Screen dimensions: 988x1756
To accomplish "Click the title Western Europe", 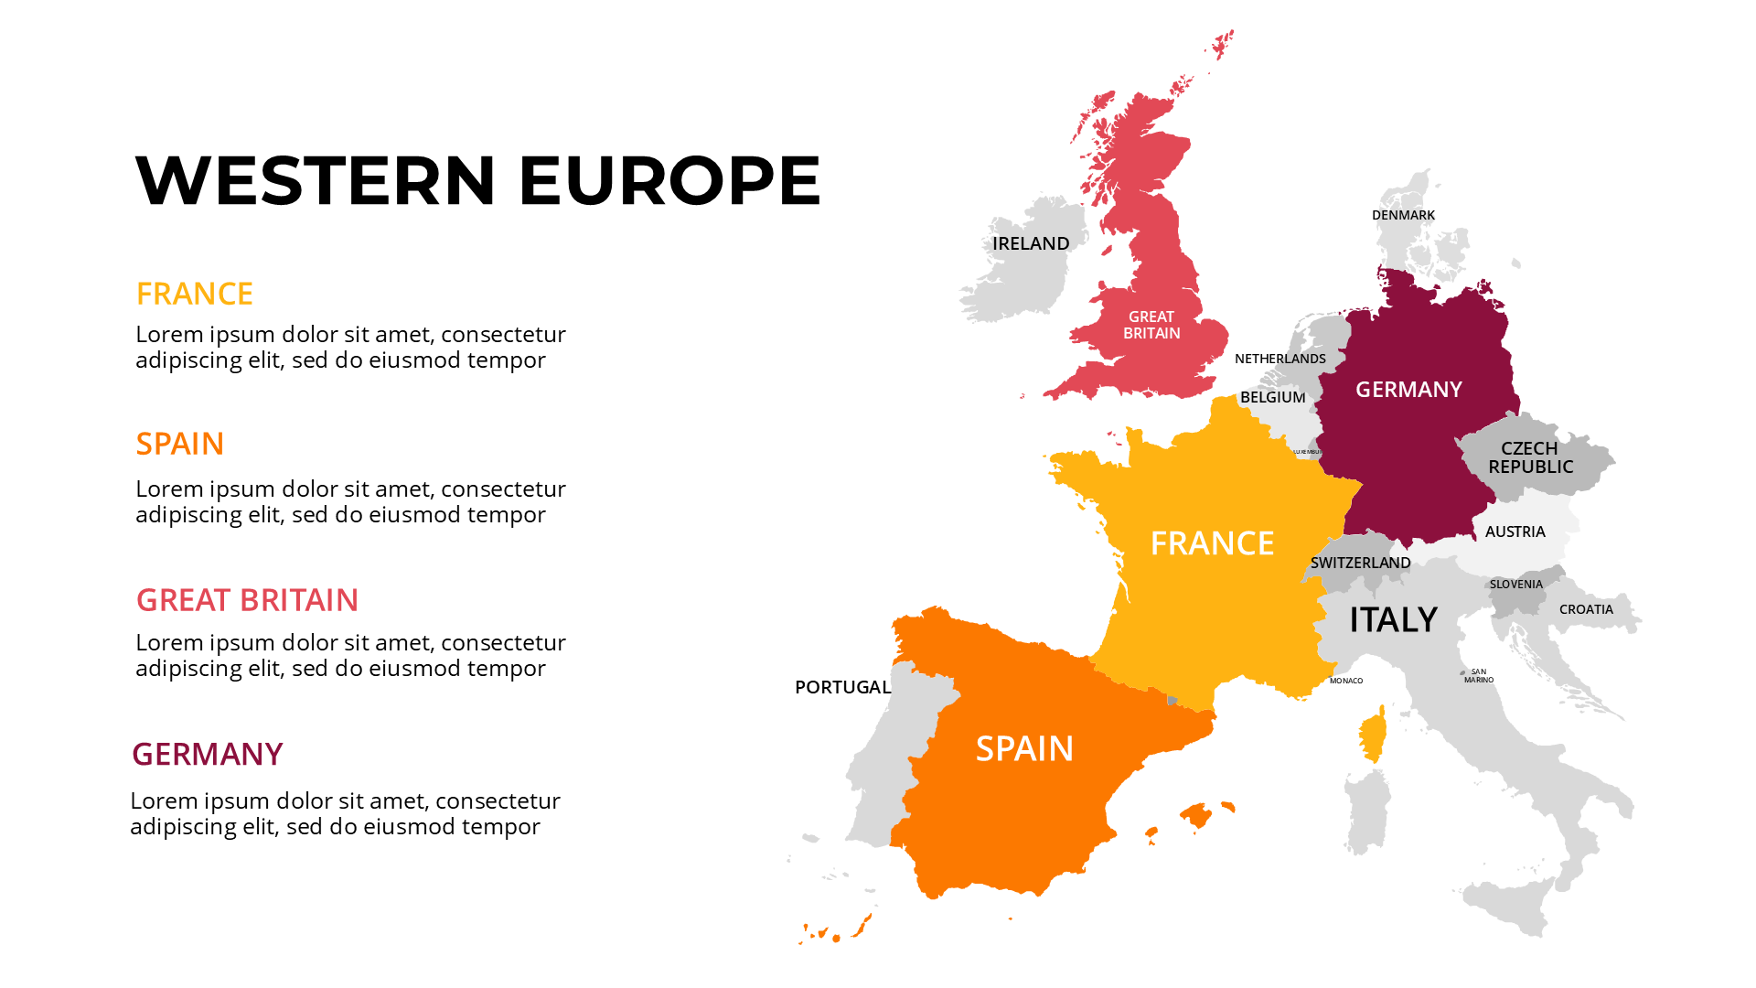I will (477, 179).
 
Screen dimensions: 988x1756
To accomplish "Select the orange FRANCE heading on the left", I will (194, 294).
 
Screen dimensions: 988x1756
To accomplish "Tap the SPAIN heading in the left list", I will (179, 444).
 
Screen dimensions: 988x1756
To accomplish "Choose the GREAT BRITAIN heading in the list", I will (247, 600).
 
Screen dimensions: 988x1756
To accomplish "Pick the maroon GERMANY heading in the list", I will (207, 755).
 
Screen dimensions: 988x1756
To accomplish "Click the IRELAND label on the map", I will (1031, 243).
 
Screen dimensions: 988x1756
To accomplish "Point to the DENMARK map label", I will (1403, 215).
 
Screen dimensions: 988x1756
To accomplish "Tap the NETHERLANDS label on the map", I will (1280, 359).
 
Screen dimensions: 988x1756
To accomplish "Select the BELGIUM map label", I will (1272, 397).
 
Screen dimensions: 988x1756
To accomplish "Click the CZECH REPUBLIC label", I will (1530, 457).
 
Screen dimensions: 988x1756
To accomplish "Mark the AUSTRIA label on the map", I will (1515, 532).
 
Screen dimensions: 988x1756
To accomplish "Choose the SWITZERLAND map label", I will (1360, 563).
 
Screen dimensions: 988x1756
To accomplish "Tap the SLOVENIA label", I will (1515, 584).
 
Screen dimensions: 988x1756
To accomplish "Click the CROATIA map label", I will (1586, 609).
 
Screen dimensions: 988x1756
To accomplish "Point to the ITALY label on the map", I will (1393, 620).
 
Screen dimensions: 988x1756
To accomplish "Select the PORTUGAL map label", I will (842, 687).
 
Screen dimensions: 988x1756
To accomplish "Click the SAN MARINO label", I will (1478, 676).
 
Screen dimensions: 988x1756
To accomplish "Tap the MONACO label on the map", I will (1345, 681).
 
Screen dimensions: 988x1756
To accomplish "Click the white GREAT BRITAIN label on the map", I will (1151, 325).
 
